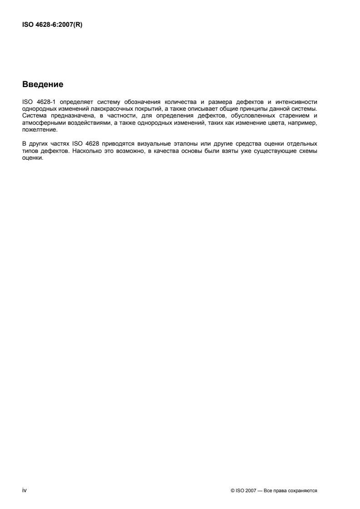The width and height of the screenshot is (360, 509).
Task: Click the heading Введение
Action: coord(43,84)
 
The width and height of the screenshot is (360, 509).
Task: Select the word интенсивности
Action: coord(299,102)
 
